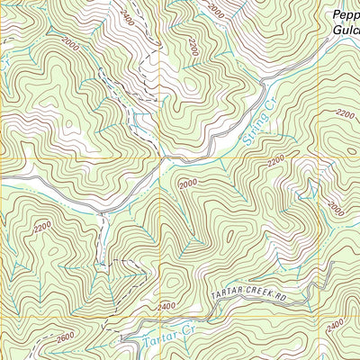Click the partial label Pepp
346,14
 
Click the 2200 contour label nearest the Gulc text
345,113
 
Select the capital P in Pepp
335,14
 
